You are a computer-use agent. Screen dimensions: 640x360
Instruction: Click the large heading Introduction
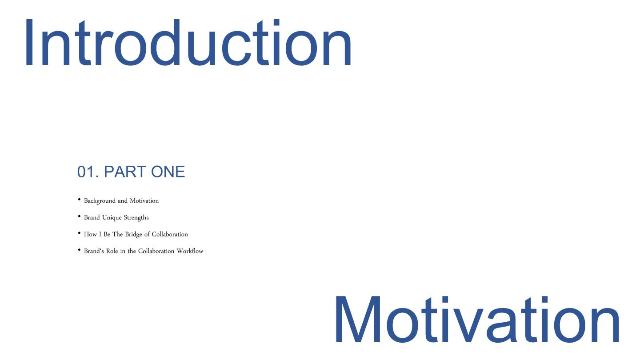tap(188, 42)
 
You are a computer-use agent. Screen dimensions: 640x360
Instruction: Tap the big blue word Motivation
tap(477, 319)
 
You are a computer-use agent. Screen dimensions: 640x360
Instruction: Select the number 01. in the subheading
tap(88, 172)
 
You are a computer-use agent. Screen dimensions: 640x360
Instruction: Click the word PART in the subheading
tap(125, 172)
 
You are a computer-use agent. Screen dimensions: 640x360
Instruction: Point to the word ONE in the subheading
tap(168, 172)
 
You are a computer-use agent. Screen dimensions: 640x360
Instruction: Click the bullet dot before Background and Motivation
tap(79, 200)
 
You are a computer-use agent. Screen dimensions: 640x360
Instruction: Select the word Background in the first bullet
tap(100, 201)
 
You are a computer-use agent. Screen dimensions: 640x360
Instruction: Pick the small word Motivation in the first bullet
tap(144, 200)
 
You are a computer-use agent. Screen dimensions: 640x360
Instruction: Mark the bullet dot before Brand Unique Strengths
tap(79, 216)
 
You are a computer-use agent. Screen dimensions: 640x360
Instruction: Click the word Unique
tap(112, 218)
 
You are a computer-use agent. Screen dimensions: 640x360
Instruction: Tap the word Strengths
tap(136, 218)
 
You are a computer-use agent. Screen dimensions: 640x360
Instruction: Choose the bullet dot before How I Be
tap(79, 233)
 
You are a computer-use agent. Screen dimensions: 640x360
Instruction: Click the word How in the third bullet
tap(90, 234)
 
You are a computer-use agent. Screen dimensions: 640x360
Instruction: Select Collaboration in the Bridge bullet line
tap(170, 234)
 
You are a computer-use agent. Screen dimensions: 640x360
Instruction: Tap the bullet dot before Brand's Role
tap(79, 250)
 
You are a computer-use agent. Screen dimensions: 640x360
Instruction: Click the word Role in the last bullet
tap(112, 251)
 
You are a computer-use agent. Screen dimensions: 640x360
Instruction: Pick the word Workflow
tap(190, 251)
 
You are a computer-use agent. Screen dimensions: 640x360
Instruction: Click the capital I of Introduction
tap(29, 42)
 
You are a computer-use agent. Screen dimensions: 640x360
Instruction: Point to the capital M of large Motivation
tap(358, 319)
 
